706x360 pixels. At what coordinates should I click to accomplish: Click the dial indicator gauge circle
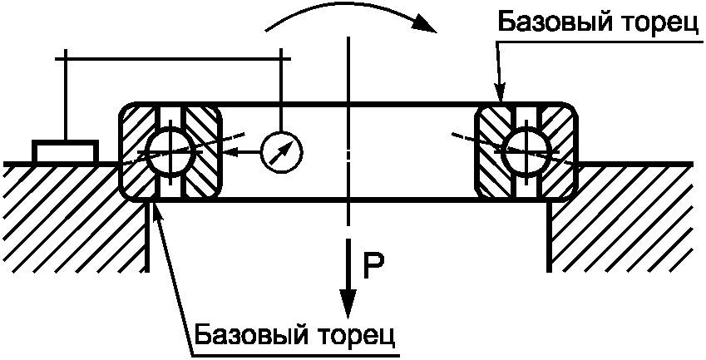pyautogui.click(x=281, y=151)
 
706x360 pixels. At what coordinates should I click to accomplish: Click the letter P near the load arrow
pyautogui.click(x=373, y=264)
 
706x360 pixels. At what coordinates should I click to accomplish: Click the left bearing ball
pyautogui.click(x=169, y=151)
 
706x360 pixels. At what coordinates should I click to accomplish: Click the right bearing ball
pyautogui.click(x=525, y=150)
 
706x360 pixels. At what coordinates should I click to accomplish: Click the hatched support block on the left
pyautogui.click(x=67, y=216)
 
